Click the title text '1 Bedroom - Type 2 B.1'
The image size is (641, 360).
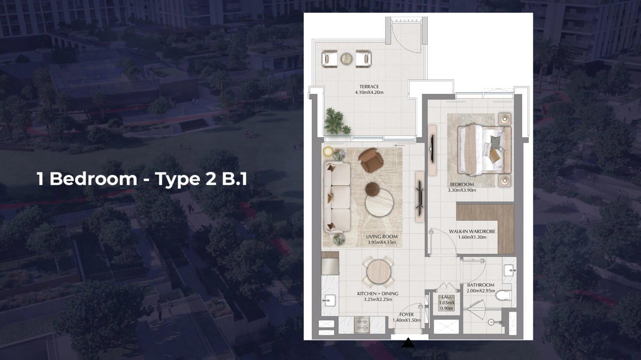click(x=142, y=179)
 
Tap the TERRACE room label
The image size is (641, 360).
click(x=369, y=87)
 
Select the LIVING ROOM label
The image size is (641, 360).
click(x=382, y=237)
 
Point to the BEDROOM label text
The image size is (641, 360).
click(x=462, y=184)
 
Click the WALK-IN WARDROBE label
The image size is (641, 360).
click(x=472, y=231)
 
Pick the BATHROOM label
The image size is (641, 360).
click(x=480, y=285)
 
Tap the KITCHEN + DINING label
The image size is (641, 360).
click(x=378, y=293)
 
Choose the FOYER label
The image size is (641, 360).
click(x=406, y=314)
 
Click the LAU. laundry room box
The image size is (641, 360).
click(x=447, y=302)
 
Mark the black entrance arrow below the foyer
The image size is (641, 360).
click(x=408, y=342)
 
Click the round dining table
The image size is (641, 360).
click(x=379, y=271)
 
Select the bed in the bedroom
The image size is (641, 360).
click(x=484, y=149)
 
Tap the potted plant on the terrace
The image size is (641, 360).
click(x=336, y=121)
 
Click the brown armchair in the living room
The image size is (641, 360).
click(x=370, y=160)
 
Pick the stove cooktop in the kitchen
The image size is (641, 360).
click(x=362, y=325)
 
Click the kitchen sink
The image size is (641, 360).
click(x=329, y=300)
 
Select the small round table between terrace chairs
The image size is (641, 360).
click(x=347, y=59)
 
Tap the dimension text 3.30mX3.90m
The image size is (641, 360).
click(x=462, y=190)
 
